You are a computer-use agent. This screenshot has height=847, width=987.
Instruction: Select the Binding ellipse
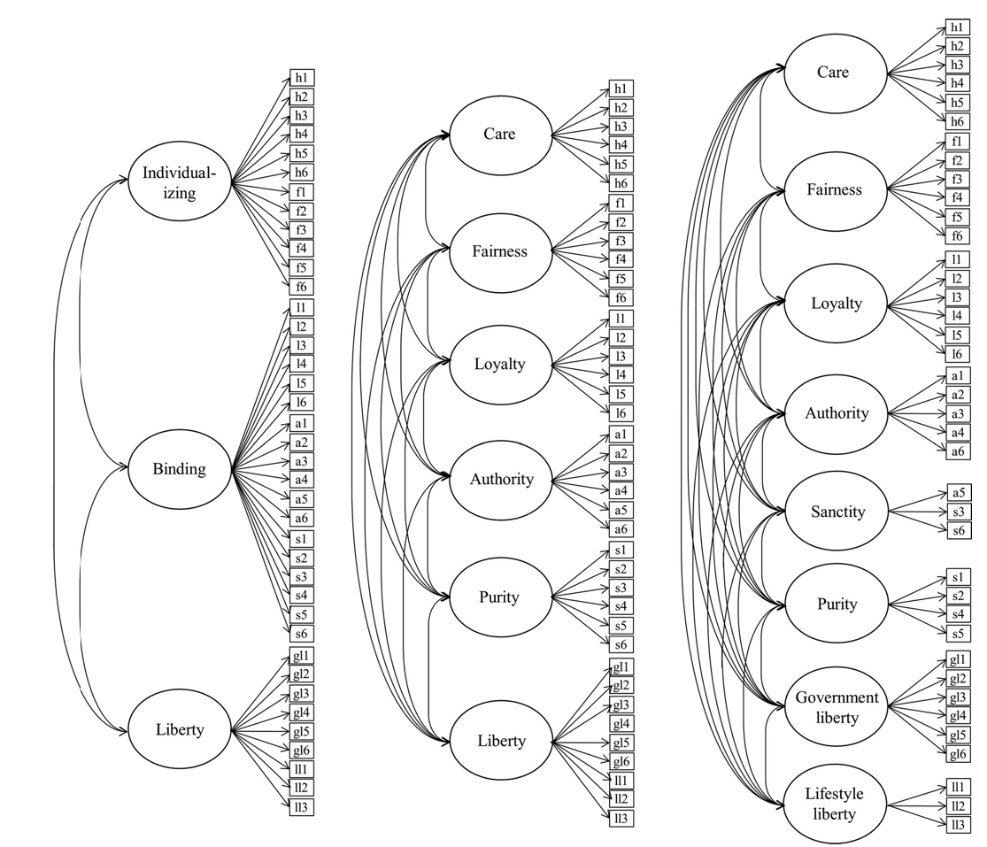[180, 469]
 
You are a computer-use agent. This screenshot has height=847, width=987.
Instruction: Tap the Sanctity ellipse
[837, 512]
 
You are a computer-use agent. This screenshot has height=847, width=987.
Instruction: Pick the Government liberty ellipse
[837, 707]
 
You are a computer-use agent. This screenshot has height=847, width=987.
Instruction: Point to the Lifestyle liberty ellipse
[837, 804]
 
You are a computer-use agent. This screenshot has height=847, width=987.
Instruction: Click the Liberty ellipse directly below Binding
[180, 729]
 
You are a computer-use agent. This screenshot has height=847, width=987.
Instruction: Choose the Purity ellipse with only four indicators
[837, 604]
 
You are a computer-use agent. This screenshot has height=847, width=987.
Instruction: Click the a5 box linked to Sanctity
[958, 493]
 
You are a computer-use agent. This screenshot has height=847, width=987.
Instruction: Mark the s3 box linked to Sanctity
[958, 512]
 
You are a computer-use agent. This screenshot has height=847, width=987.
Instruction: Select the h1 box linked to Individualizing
[302, 78]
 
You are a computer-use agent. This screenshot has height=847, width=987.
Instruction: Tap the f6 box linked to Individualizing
[302, 287]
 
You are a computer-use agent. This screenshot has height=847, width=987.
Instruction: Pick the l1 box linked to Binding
[302, 307]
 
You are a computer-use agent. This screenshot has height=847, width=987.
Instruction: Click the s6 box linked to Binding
[302, 634]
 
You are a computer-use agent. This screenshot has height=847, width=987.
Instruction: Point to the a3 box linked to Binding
[302, 461]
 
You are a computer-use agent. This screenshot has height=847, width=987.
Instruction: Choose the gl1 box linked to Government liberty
[958, 659]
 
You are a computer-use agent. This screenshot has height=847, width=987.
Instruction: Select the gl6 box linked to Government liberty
[958, 754]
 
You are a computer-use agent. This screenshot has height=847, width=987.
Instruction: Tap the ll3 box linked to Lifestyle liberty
[958, 824]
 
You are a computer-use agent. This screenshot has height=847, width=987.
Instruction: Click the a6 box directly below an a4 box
[958, 451]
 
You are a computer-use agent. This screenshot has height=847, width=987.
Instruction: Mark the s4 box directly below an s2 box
[958, 614]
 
